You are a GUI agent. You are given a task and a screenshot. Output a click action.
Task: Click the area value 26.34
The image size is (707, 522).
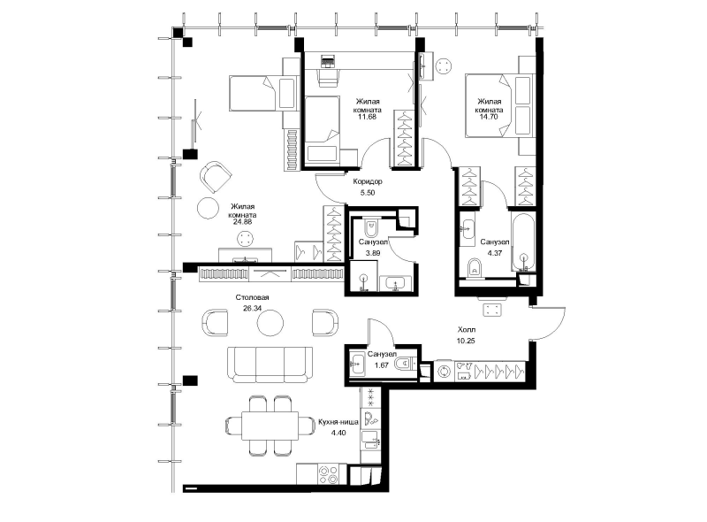point(252,309)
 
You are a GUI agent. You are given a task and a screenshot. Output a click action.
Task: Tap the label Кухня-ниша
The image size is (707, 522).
point(338,422)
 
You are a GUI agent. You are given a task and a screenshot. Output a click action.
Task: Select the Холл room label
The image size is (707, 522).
point(467,330)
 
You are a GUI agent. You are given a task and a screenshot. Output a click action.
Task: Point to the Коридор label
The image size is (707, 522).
point(368,181)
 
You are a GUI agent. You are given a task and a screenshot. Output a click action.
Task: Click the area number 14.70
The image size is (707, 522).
point(490,117)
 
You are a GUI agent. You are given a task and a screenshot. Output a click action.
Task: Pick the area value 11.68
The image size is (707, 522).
point(367,117)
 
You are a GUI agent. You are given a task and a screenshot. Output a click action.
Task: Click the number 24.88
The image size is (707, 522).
point(242,222)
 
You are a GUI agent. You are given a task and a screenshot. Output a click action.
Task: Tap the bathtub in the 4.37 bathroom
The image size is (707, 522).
point(524,242)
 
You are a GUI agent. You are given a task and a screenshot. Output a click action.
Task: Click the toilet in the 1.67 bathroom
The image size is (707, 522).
point(405,363)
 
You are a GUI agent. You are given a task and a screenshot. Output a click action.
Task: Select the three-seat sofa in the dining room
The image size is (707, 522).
point(270,365)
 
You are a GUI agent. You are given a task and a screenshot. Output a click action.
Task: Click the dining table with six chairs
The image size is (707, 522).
point(270,425)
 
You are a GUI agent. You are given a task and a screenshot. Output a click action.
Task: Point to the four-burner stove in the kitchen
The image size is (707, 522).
point(328,474)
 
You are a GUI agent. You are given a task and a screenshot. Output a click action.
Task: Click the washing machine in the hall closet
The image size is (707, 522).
point(445,372)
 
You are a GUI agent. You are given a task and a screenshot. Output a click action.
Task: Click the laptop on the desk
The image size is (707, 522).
point(327,61)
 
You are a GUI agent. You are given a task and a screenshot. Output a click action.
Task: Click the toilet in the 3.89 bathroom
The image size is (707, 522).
point(370,228)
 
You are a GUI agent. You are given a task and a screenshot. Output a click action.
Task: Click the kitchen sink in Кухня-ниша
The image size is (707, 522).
point(370,440)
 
